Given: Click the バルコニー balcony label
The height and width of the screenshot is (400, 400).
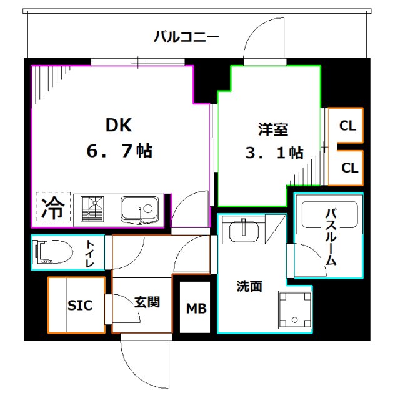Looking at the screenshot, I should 186,36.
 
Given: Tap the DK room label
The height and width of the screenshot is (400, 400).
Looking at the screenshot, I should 118,125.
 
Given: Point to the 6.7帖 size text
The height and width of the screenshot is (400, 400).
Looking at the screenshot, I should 119,151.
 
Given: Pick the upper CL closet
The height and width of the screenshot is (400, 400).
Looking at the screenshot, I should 347,126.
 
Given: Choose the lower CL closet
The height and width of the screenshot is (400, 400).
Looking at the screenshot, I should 349,167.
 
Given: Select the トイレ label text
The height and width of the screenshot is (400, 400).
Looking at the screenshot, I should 91,253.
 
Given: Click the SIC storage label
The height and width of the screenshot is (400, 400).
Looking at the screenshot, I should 80,305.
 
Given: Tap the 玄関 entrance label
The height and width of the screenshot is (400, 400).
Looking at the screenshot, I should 146,302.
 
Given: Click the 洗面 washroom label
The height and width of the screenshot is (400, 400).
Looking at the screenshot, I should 249,286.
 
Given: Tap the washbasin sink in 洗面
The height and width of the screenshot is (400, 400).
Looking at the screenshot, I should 244,231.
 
